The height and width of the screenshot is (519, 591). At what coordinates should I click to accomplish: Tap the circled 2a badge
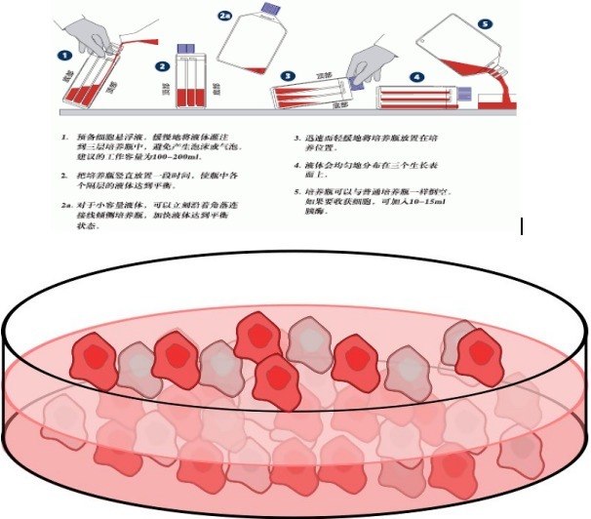pyautogui.click(x=226, y=18)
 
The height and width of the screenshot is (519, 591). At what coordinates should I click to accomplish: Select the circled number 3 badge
pyautogui.click(x=289, y=75)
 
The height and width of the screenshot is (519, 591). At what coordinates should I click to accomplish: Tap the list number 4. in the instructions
pyautogui.click(x=299, y=168)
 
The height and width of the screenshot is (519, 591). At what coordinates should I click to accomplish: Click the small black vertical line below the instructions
pyautogui.click(x=524, y=227)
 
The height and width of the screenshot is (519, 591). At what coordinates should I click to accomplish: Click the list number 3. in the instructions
pyautogui.click(x=299, y=138)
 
